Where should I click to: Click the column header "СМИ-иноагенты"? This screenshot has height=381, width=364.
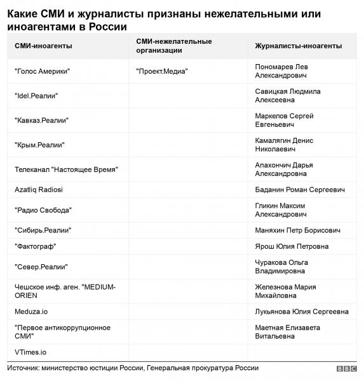[x=43, y=46]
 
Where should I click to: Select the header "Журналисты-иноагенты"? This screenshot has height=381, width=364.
[x=298, y=46]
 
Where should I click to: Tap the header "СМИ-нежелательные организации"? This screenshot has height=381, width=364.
[x=173, y=46]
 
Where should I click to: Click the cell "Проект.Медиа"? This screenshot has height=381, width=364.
[x=162, y=71]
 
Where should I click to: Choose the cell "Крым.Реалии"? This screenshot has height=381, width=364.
[x=39, y=144]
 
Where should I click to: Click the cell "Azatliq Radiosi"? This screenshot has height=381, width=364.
[x=39, y=190]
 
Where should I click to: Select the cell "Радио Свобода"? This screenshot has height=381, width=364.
[x=43, y=210]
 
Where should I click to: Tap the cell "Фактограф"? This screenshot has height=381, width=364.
[x=35, y=246]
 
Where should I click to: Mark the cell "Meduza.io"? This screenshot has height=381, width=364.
[x=31, y=312]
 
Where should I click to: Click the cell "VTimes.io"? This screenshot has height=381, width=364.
[x=30, y=352]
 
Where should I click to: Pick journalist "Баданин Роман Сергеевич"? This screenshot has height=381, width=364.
[x=299, y=190]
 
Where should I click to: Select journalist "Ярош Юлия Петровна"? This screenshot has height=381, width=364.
[x=292, y=246]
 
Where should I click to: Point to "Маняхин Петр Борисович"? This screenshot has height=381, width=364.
[x=298, y=230]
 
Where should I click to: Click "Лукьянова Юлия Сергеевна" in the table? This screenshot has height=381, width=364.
[x=301, y=312]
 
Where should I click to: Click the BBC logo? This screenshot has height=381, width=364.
[x=346, y=369]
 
